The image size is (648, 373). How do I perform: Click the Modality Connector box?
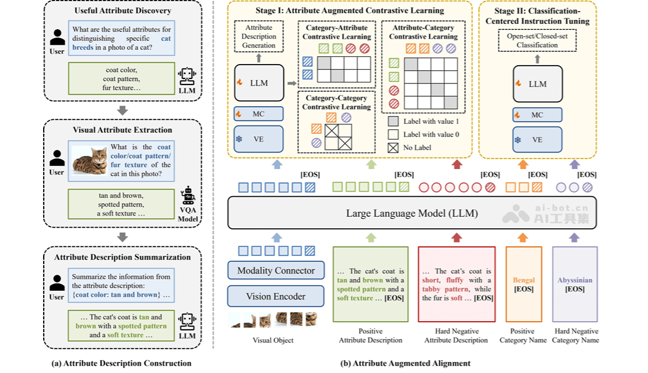click(x=276, y=271)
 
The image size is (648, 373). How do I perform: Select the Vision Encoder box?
click(x=276, y=296)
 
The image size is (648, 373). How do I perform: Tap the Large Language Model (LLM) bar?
click(x=412, y=213)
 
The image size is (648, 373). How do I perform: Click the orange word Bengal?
click(x=524, y=280)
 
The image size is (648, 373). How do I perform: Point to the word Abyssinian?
click(x=575, y=280)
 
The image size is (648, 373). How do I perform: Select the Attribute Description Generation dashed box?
click(x=259, y=36)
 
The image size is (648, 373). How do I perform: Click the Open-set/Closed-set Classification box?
click(x=537, y=40)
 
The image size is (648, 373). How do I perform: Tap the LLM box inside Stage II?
click(x=538, y=83)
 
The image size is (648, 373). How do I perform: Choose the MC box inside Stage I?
click(x=259, y=114)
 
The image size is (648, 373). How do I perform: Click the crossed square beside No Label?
click(x=393, y=148)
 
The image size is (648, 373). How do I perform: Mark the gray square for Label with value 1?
click(x=393, y=121)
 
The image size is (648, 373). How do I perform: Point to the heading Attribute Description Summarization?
click(x=123, y=257)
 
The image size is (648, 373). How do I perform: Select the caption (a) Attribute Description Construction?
click(x=121, y=363)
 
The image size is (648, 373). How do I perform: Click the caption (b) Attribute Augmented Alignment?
click(x=406, y=363)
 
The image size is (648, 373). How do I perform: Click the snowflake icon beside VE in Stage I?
click(x=239, y=139)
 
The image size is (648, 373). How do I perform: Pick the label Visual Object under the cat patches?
click(x=273, y=340)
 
